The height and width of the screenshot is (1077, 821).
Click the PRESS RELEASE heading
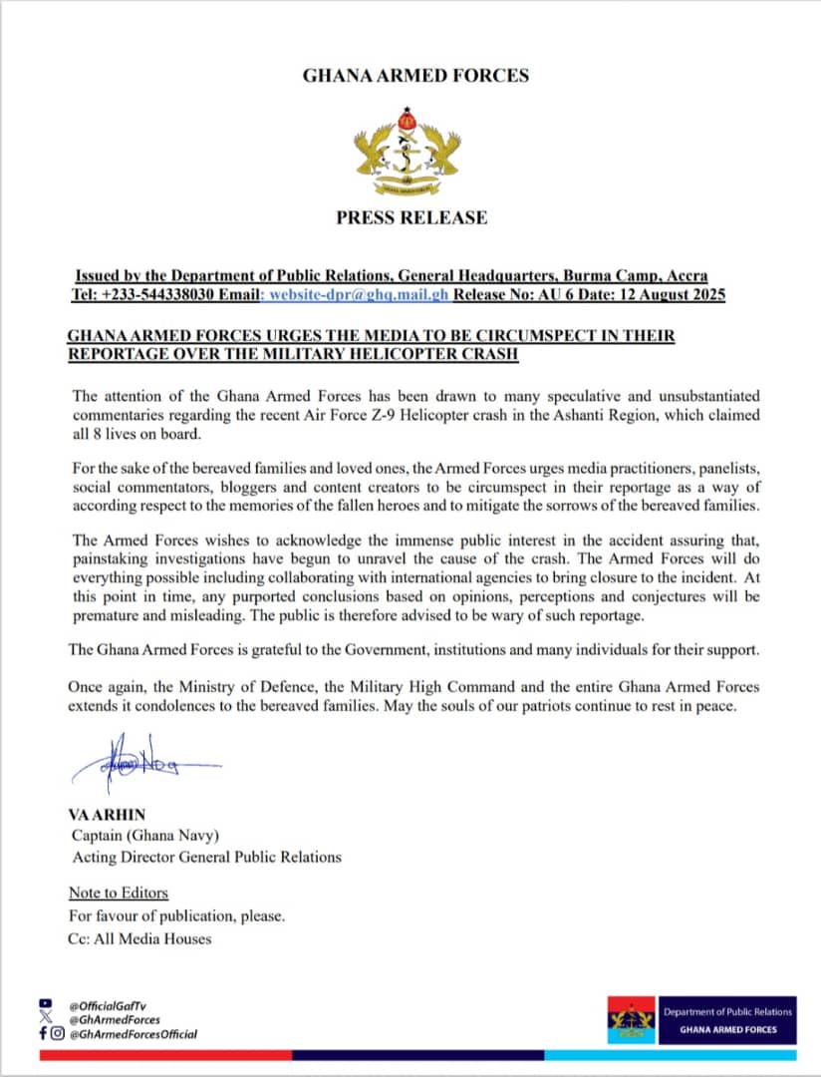pyautogui.click(x=411, y=217)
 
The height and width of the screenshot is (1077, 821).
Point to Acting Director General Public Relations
pyautogui.click(x=206, y=857)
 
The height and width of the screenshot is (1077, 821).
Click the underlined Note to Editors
pyautogui.click(x=119, y=893)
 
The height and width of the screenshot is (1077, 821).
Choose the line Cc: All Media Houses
pyautogui.click(x=139, y=937)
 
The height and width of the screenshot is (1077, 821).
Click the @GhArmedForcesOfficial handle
pyautogui.click(x=133, y=1034)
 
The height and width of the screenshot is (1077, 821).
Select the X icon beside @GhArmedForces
pyautogui.click(x=44, y=1019)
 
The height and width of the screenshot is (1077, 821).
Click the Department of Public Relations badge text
pyautogui.click(x=727, y=1011)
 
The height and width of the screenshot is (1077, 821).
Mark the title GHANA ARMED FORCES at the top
pyautogui.click(x=415, y=75)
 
